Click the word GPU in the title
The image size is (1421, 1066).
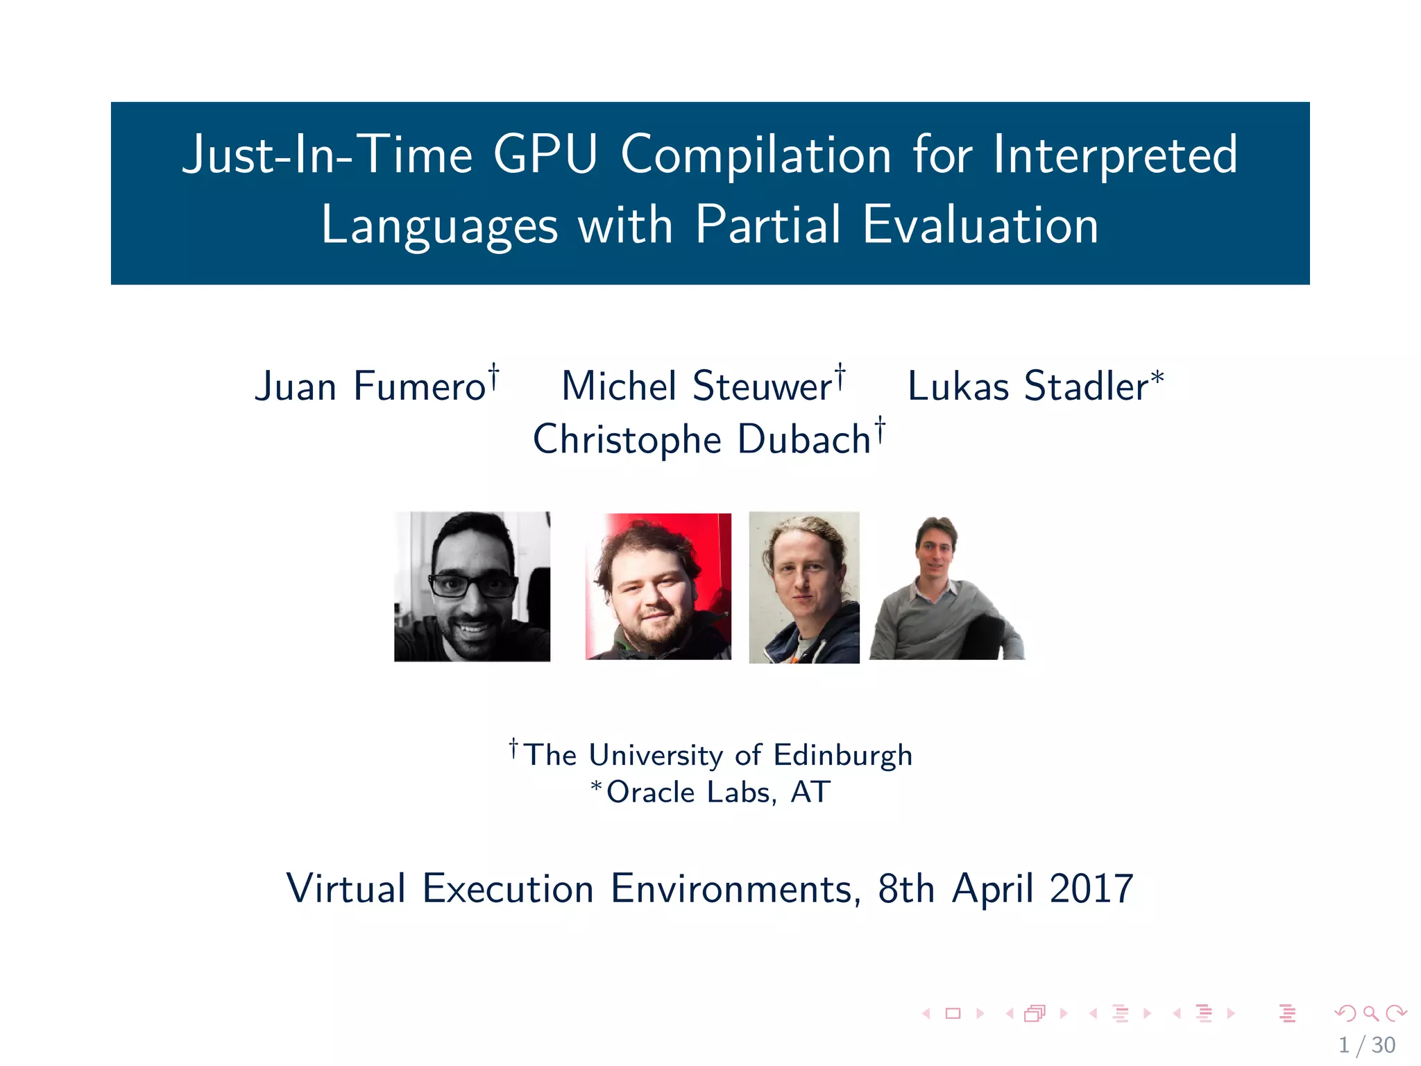click(545, 154)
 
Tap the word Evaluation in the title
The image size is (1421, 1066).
click(980, 225)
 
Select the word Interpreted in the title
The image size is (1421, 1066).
click(1115, 155)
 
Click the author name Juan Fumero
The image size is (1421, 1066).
click(371, 386)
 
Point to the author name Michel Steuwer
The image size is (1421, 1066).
click(697, 386)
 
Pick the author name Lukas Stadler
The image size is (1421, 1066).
click(1028, 386)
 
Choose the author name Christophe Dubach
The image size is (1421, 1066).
click(701, 439)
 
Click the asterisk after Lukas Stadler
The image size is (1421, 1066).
click(1157, 378)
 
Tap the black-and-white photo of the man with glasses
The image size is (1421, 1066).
click(472, 586)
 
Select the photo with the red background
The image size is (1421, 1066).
click(658, 586)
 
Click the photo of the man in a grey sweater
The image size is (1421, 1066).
click(946, 589)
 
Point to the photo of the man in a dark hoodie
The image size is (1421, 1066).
click(804, 587)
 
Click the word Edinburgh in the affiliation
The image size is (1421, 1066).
click(842, 755)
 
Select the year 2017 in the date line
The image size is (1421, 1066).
click(1091, 888)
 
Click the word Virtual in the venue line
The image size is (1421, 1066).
click(346, 888)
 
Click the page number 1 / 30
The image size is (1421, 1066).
click(1366, 1045)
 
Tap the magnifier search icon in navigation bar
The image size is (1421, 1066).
click(1370, 1013)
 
